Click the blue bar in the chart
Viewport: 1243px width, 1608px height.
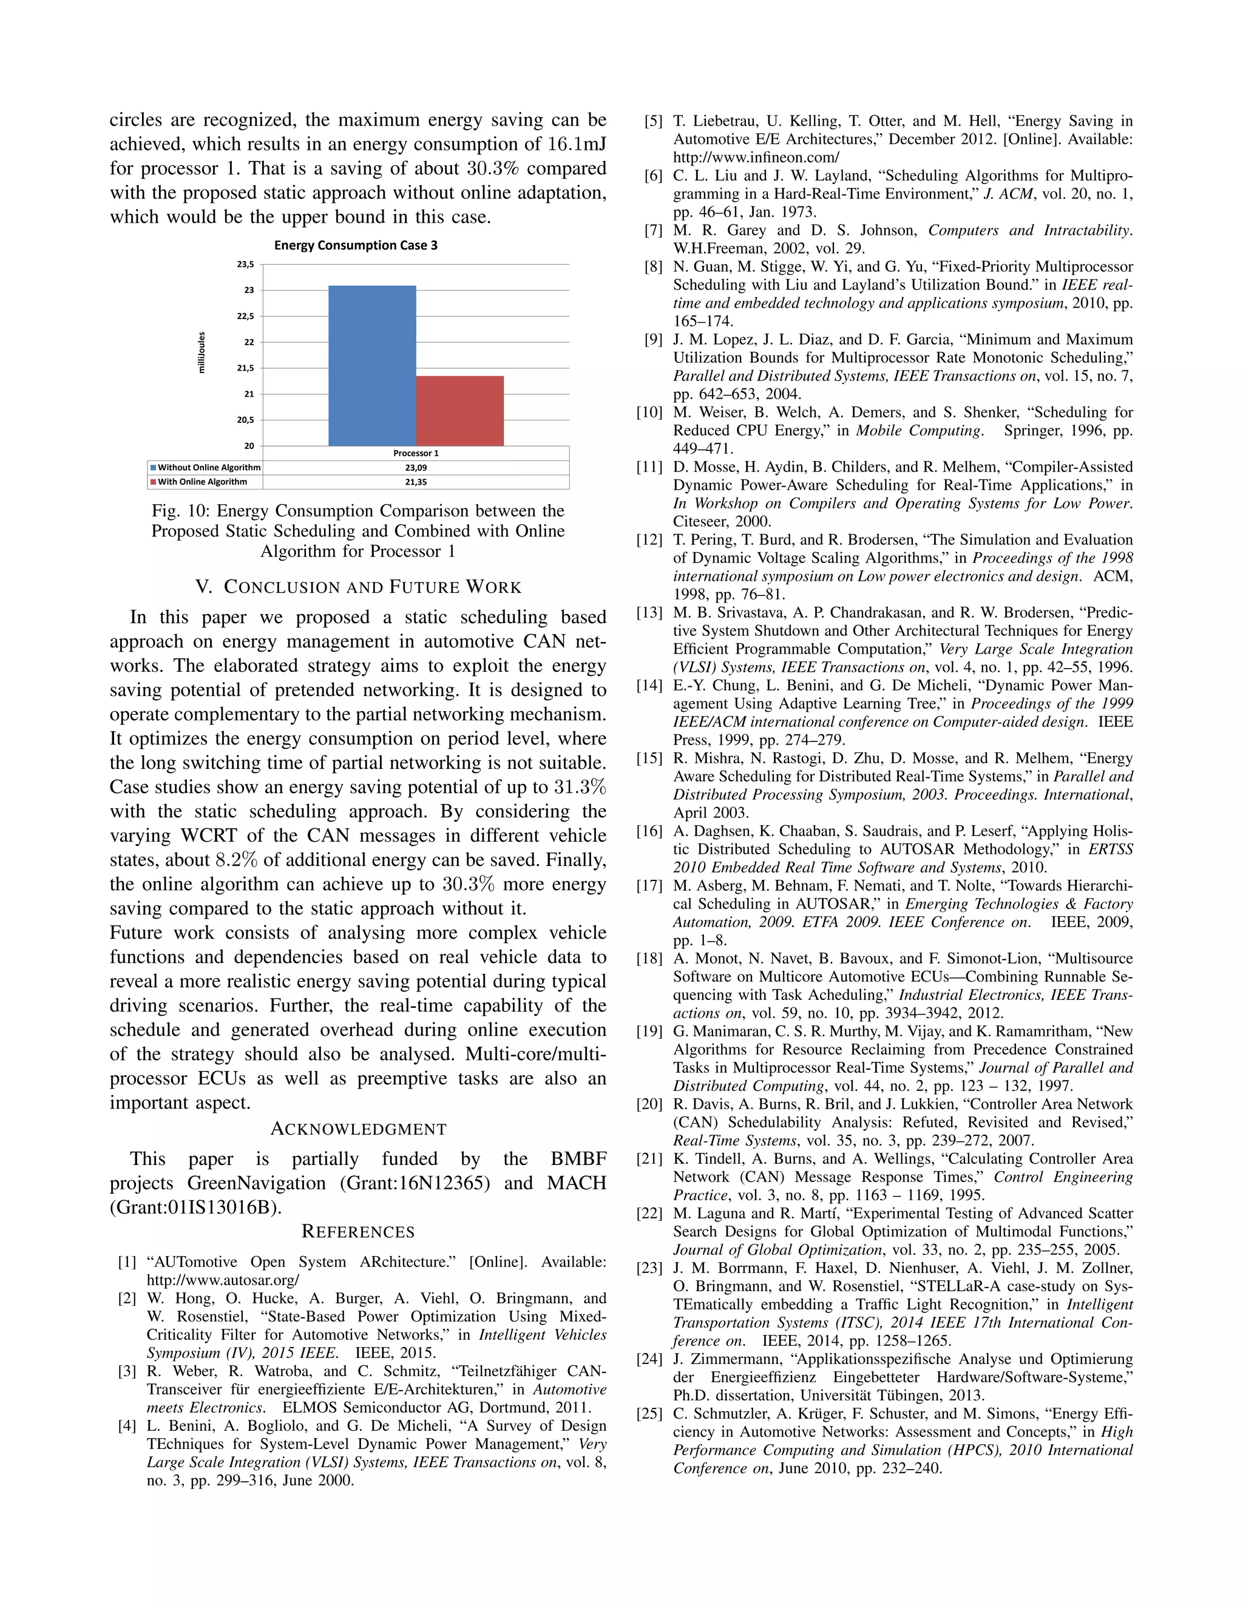click(x=372, y=366)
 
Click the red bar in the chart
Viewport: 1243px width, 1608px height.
click(x=459, y=411)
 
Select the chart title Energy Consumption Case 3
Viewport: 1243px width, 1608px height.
click(x=356, y=245)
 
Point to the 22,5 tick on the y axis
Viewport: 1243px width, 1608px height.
click(x=245, y=316)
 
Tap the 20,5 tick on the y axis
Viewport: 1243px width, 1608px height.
click(x=245, y=420)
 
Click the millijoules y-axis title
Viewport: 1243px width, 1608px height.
click(x=202, y=353)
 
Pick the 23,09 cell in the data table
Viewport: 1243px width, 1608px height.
click(x=415, y=467)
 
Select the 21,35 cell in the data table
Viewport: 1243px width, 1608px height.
click(x=415, y=482)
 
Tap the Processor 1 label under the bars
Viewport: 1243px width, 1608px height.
click(x=415, y=453)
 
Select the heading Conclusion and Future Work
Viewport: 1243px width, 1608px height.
click(x=358, y=587)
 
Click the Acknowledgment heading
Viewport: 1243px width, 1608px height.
click(x=358, y=1129)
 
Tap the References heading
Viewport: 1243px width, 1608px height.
click(x=358, y=1232)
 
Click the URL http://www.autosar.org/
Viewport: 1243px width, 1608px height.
click(x=222, y=1280)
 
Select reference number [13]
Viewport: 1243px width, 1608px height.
click(x=649, y=613)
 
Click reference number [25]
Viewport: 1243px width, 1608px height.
click(x=649, y=1414)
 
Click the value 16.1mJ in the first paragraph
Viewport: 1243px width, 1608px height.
click(x=577, y=144)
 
